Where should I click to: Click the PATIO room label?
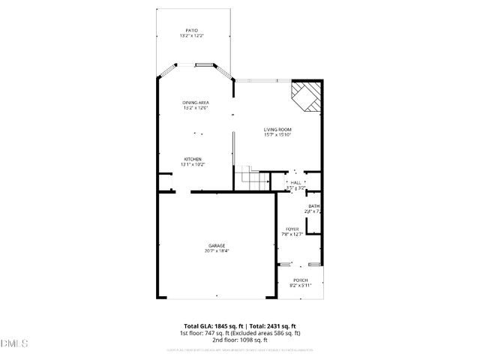(193, 31)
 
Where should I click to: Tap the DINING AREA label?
(195, 102)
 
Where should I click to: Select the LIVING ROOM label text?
(277, 129)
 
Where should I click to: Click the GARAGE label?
(217, 246)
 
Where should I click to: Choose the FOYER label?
(292, 229)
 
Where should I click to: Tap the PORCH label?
(300, 280)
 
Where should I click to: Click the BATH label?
(314, 206)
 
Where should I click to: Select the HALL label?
(295, 182)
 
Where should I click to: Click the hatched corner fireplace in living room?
(307, 95)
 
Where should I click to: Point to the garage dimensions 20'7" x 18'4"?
(217, 251)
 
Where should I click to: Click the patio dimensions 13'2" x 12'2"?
(193, 36)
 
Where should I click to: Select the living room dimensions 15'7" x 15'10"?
(277, 135)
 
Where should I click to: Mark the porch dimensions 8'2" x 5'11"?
(300, 285)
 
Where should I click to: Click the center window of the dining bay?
(202, 65)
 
